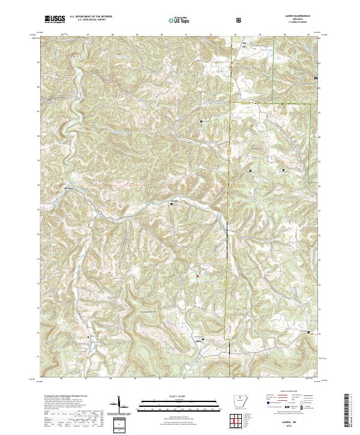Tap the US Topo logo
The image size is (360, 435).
tap(175, 20)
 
